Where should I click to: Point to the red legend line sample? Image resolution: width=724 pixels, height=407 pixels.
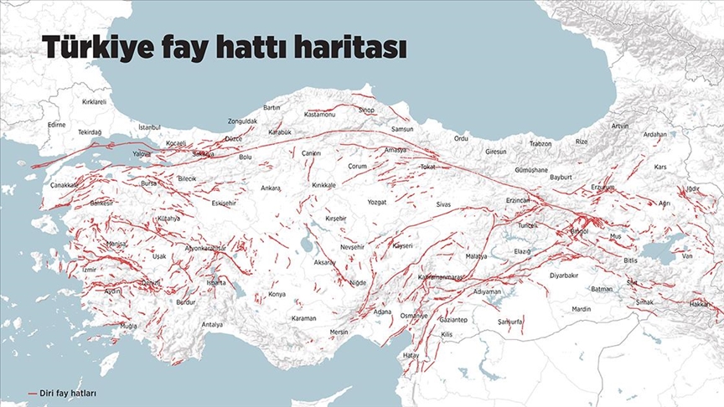(33, 392)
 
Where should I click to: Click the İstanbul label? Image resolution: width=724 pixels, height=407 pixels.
(149, 127)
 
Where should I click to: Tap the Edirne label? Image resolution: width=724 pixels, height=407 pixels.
(56, 124)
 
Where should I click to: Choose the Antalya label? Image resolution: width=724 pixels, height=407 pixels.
(213, 324)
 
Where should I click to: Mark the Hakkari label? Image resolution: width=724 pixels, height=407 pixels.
(701, 304)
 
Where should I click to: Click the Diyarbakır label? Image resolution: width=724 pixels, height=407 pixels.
(564, 275)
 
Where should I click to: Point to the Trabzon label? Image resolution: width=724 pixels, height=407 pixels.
(540, 144)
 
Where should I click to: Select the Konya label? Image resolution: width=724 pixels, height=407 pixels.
(277, 295)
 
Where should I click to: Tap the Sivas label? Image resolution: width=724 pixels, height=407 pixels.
(443, 203)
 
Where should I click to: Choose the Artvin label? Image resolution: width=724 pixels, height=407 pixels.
(620, 126)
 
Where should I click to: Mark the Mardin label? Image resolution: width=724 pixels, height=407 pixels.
(582, 309)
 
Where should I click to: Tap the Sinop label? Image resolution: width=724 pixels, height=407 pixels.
(366, 110)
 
